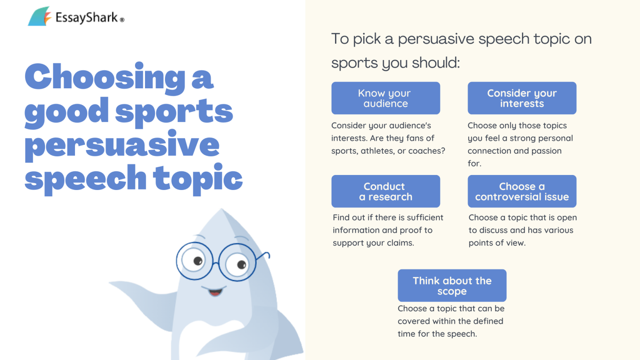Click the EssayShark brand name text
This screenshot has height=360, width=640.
click(x=87, y=17)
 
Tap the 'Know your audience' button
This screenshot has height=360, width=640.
click(x=385, y=98)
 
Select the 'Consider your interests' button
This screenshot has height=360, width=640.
click(x=522, y=98)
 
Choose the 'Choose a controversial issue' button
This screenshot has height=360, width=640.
click(x=522, y=192)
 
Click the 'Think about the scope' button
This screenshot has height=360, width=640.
click(x=452, y=286)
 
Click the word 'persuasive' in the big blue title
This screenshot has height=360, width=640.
click(x=122, y=145)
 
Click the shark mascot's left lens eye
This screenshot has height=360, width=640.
click(x=195, y=261)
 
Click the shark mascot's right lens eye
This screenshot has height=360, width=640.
click(x=237, y=263)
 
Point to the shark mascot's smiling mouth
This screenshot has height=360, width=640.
click(x=215, y=291)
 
